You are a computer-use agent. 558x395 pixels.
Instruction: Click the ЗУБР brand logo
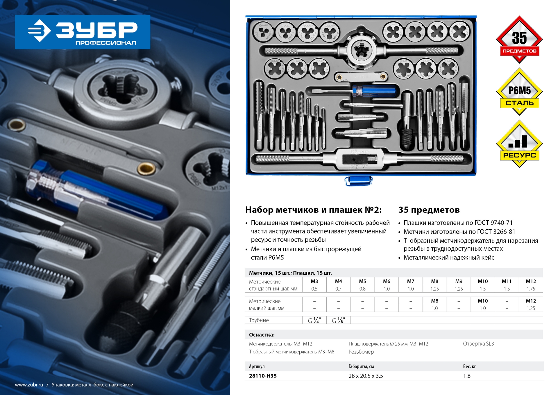pyautogui.click(x=83, y=32)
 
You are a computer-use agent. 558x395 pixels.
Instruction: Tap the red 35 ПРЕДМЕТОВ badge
pyautogui.click(x=519, y=39)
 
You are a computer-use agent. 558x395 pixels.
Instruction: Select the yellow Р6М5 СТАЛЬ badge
pyautogui.click(x=519, y=92)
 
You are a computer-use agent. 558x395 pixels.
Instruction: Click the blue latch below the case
pyautogui.click(x=358, y=181)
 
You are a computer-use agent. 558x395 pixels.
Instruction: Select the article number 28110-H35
pyautogui.click(x=263, y=376)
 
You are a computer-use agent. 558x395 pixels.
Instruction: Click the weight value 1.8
pyautogui.click(x=467, y=376)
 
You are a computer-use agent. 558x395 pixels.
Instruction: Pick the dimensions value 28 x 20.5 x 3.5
pyautogui.click(x=366, y=376)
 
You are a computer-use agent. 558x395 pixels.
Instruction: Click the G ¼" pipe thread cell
pyautogui.click(x=314, y=320)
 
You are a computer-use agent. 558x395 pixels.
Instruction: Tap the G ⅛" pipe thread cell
pyautogui.click(x=339, y=320)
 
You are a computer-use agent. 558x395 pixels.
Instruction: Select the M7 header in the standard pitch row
pyautogui.click(x=411, y=281)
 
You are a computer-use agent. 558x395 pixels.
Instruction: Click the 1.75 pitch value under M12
pyautogui.click(x=531, y=289)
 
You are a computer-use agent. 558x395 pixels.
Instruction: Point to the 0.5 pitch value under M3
pyautogui.click(x=314, y=289)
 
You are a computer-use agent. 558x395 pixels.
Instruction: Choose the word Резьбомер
pyautogui.click(x=361, y=352)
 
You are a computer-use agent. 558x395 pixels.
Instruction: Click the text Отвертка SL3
pyautogui.click(x=478, y=343)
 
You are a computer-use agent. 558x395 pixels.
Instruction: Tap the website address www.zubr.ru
pyautogui.click(x=29, y=385)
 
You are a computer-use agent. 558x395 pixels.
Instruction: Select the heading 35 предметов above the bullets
pyautogui.click(x=429, y=210)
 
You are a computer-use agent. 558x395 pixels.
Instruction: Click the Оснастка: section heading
pyautogui.click(x=262, y=335)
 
